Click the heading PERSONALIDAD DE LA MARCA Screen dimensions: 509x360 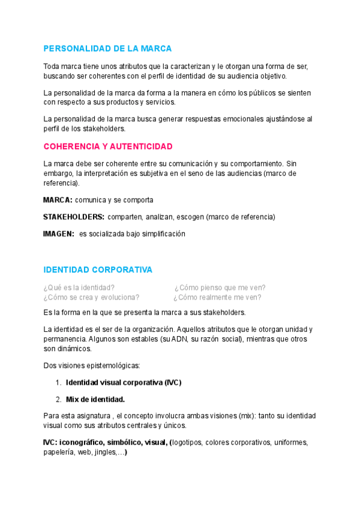coord(107,48)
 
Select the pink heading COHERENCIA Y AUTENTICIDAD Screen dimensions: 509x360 coord(108,146)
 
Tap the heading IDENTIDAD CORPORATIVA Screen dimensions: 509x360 coord(98,270)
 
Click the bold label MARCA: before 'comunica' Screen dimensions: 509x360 coord(58,199)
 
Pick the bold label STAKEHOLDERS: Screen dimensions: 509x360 coord(74,216)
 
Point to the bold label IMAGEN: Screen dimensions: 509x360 coord(59,233)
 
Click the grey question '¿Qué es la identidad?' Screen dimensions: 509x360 coord(79,288)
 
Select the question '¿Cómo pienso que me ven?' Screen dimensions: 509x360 coord(220,288)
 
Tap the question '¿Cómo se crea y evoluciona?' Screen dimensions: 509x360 coord(91,297)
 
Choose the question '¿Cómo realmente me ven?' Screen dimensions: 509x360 coord(217,297)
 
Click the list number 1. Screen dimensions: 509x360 coord(58,382)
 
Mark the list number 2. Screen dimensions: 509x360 coord(58,399)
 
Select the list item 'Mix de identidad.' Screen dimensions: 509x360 coord(95,399)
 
